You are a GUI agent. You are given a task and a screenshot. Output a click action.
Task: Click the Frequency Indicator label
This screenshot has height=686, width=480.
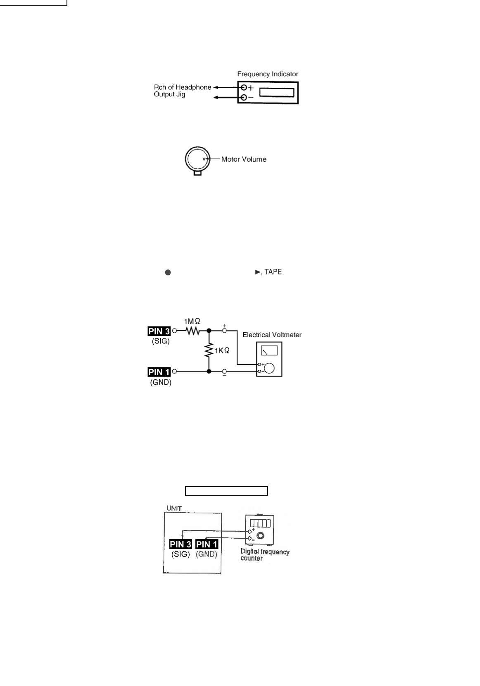(267, 74)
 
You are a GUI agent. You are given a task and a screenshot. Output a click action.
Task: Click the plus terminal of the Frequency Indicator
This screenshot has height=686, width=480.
(244, 88)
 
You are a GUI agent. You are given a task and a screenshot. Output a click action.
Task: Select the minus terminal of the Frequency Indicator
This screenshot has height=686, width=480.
(244, 98)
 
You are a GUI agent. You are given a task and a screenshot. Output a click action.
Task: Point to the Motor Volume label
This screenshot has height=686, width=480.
(244, 159)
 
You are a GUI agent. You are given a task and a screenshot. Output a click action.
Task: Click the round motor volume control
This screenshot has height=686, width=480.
(198, 159)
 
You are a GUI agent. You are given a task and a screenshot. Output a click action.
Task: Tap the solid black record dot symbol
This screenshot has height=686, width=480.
(168, 272)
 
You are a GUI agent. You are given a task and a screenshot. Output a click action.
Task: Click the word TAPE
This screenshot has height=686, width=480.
(273, 272)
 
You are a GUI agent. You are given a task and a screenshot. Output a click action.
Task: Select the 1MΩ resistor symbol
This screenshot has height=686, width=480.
(192, 331)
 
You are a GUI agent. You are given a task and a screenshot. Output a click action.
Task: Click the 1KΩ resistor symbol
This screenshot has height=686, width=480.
(209, 350)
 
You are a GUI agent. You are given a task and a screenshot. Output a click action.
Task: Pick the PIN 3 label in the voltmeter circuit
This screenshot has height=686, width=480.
(159, 331)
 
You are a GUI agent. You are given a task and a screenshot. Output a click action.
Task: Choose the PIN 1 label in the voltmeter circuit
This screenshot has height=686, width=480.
(159, 372)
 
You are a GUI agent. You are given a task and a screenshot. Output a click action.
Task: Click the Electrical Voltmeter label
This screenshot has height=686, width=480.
(272, 335)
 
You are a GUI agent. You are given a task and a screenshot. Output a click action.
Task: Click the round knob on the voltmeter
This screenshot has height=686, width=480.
(269, 368)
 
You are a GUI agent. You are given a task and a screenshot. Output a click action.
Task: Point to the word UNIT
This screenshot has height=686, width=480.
(174, 508)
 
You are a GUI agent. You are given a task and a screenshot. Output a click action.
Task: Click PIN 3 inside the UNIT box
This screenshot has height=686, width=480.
(181, 544)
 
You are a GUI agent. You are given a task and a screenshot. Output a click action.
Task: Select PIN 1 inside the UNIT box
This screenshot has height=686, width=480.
(207, 544)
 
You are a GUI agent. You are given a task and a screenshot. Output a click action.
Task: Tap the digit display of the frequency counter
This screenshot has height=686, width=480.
(260, 523)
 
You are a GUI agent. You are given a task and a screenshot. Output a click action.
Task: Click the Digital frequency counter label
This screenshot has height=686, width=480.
(264, 555)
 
